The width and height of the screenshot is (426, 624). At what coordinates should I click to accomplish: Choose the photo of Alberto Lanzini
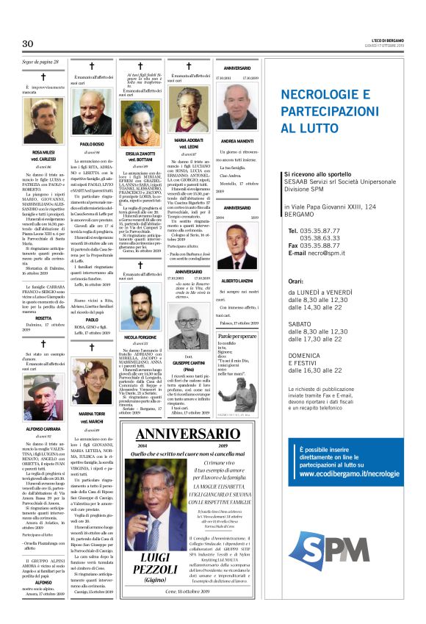237,246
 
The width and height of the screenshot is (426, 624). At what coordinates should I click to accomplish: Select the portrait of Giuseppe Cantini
189,334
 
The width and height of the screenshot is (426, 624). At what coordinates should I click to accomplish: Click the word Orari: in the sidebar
296,281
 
